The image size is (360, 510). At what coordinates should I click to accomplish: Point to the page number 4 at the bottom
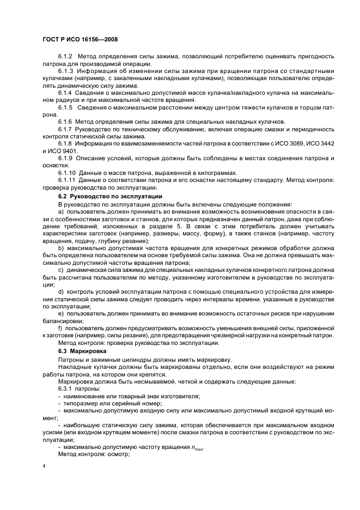tap(44, 466)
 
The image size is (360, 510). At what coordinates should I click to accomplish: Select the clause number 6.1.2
tap(65, 57)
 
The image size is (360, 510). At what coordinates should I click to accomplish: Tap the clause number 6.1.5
tap(65, 108)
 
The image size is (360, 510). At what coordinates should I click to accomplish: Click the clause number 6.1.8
tap(65, 143)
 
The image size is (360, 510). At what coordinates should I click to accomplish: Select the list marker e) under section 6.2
tap(61, 314)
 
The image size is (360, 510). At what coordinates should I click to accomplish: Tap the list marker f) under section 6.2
tap(60, 329)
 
